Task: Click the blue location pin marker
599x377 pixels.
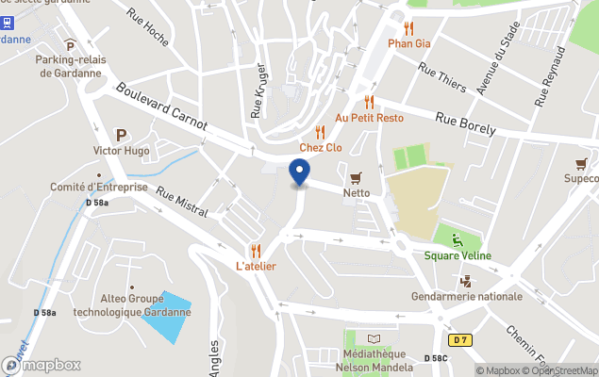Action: click(x=299, y=172)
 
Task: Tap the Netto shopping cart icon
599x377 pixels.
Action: click(x=356, y=177)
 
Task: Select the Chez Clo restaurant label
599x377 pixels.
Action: click(x=321, y=147)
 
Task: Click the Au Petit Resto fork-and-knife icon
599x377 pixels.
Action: click(x=369, y=102)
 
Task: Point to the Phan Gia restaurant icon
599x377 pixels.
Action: click(x=408, y=27)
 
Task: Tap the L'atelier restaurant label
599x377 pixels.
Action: click(x=256, y=266)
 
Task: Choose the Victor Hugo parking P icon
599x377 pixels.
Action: click(x=120, y=135)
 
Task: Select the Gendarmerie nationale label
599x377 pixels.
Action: click(x=466, y=296)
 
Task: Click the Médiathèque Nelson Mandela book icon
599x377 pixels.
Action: click(x=374, y=339)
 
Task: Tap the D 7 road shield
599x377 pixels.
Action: click(x=459, y=339)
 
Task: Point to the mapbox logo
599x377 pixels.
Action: click(x=43, y=365)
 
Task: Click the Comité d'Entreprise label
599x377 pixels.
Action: click(x=99, y=187)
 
